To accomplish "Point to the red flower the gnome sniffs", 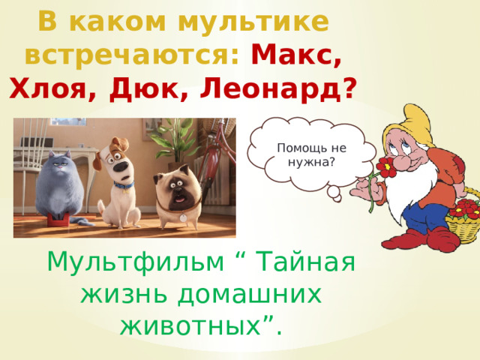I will click(x=387, y=169).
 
